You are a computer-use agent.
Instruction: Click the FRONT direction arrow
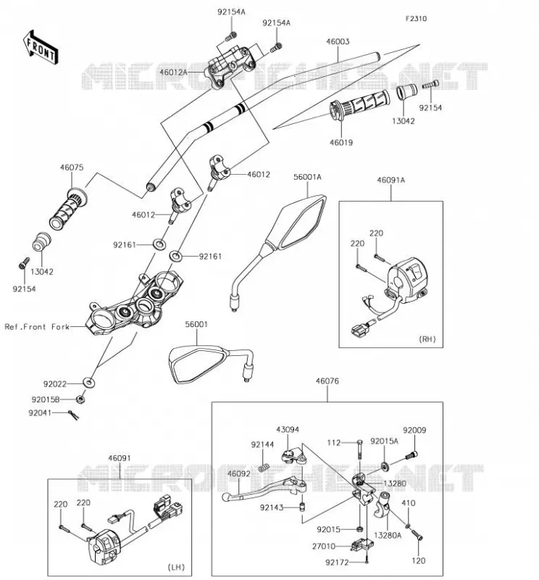tap(41, 47)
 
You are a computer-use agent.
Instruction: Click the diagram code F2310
tap(416, 19)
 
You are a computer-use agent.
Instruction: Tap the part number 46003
tap(338, 41)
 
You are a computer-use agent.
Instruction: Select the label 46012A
tap(173, 72)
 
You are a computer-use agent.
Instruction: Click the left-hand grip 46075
tap(68, 210)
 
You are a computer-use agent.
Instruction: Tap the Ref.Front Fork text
tap(37, 327)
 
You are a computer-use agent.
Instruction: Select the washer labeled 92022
tap(88, 383)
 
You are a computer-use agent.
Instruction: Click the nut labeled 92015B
tap(80, 399)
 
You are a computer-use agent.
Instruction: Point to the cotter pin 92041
tap(74, 415)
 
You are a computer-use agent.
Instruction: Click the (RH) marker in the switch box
tap(427, 339)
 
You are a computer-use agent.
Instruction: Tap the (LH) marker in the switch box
tap(176, 567)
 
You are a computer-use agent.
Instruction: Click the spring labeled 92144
tap(263, 468)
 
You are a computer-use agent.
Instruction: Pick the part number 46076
tap(327, 381)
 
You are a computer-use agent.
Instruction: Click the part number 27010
tap(324, 547)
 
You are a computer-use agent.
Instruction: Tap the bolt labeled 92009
tap(411, 455)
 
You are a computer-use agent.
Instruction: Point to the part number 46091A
tap(390, 180)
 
